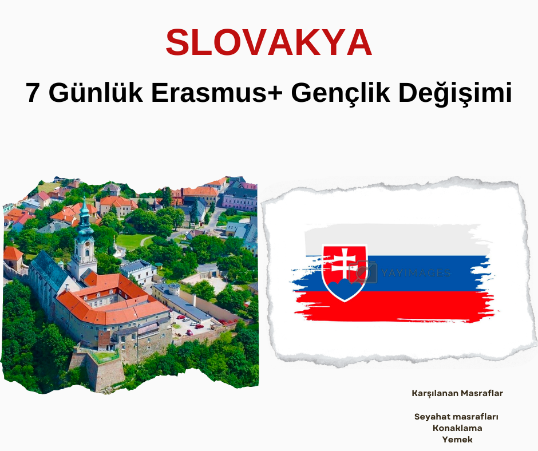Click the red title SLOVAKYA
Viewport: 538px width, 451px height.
pos(269,42)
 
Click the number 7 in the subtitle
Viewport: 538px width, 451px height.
pos(33,93)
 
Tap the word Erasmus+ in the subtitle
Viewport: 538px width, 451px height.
pos(217,93)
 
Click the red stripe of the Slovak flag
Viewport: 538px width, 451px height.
pos(394,306)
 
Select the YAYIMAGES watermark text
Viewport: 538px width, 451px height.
pos(416,273)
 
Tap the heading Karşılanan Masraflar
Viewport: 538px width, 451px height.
pos(457,393)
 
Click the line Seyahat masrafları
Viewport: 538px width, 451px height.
pos(456,416)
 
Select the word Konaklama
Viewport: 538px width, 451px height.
pos(457,428)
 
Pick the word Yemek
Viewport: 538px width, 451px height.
pos(457,440)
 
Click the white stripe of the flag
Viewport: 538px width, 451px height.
pos(394,240)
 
